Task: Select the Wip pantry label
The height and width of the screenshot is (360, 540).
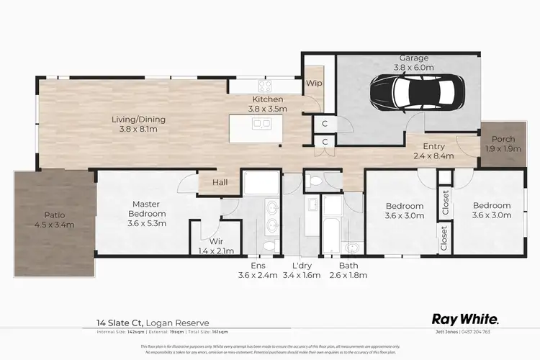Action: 314,84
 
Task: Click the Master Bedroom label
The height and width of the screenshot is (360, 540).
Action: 147,214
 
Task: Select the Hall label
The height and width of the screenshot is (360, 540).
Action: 220,183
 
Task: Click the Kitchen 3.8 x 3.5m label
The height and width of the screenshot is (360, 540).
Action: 267,104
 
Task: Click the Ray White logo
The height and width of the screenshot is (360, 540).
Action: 464,318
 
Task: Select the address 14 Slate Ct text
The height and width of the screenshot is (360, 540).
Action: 125,323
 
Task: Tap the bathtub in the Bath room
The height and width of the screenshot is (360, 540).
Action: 331,238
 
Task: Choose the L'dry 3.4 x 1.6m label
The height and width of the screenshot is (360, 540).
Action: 302,269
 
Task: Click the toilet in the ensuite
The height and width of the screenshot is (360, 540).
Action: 269,246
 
